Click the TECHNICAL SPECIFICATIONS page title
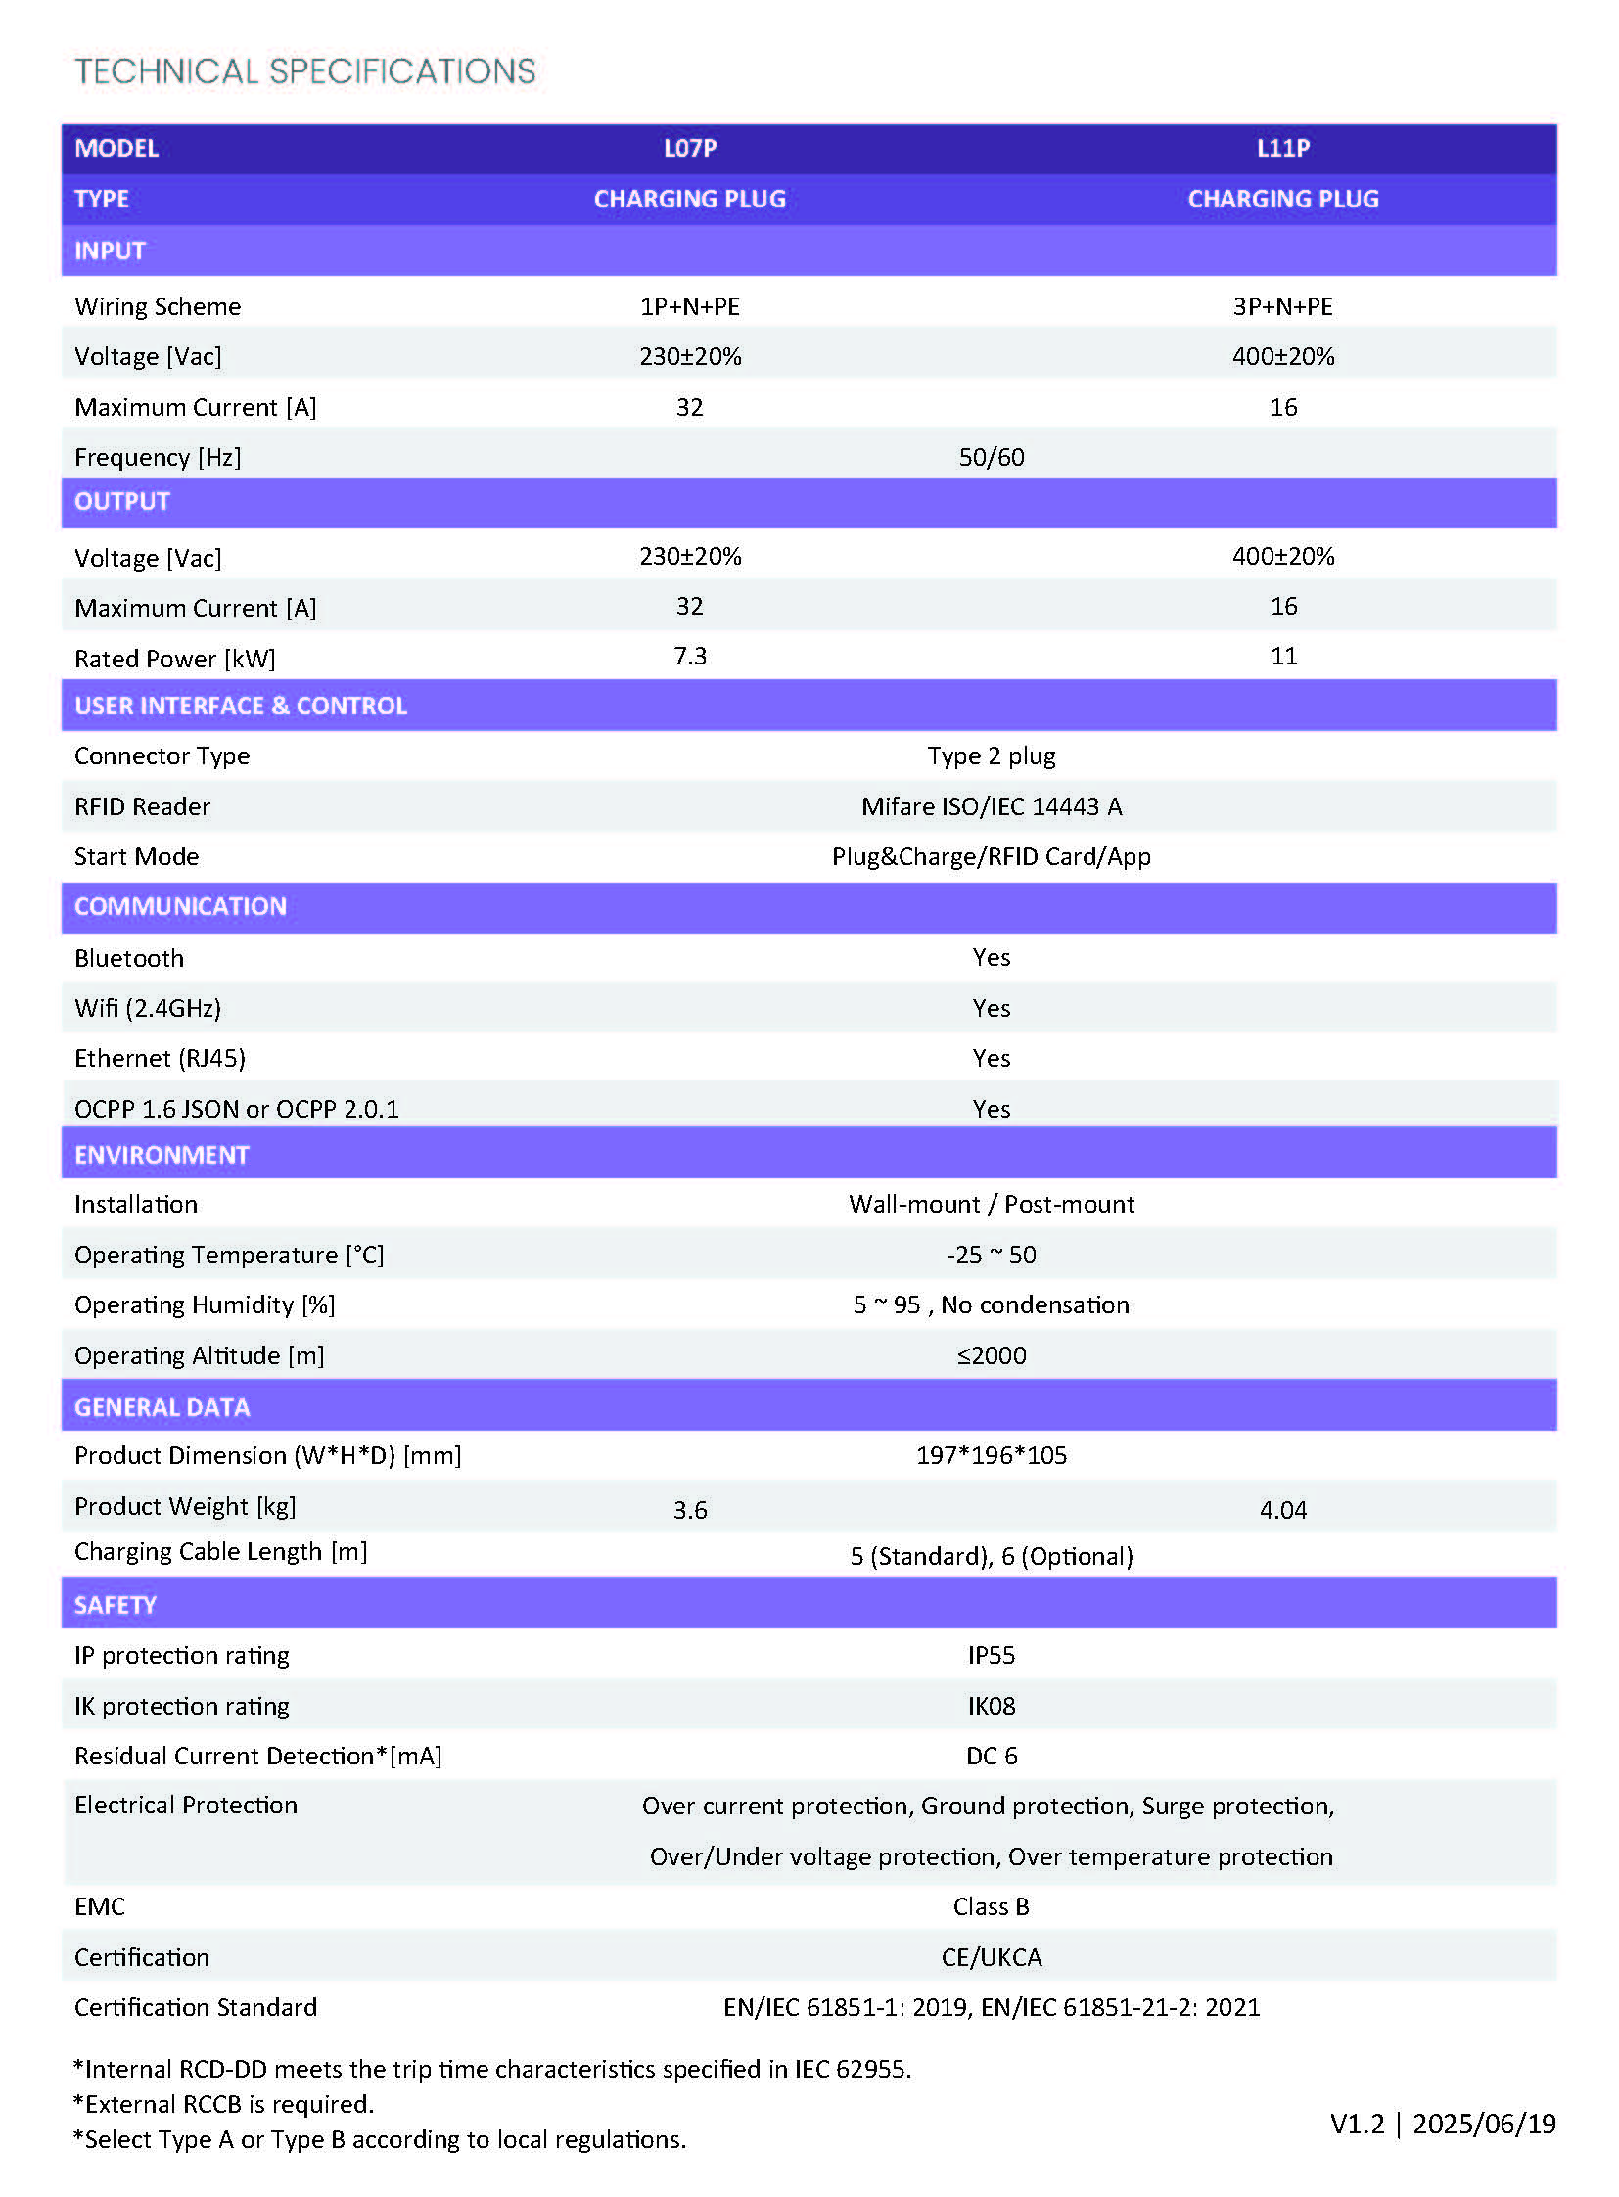tap(304, 71)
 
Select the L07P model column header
tap(690, 148)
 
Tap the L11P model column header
tap(1283, 148)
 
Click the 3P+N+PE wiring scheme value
tap(1283, 306)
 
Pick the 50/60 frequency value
tap(991, 458)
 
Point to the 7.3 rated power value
tap(690, 656)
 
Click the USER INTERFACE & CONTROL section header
tap(240, 706)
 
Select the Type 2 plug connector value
tap(991, 756)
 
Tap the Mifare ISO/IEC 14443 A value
tap(991, 806)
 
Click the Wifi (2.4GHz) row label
tap(148, 1008)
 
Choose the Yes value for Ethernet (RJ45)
tap(991, 1058)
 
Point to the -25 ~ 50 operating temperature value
tap(991, 1256)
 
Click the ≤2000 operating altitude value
tap(991, 1356)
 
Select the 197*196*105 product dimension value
tap(991, 1456)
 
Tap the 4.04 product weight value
tap(1283, 1510)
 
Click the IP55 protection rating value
tap(991, 1656)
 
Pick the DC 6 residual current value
tap(991, 1756)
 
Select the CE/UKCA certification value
tap(991, 1958)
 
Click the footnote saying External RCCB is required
tap(224, 2104)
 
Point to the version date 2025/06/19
tap(1484, 2124)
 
